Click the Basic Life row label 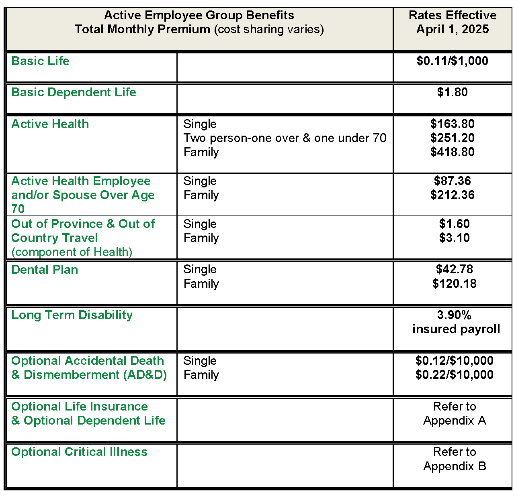coord(40,61)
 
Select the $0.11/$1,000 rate coord(453,61)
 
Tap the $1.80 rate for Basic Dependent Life coord(453,92)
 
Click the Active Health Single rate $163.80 coord(453,124)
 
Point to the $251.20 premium coord(453,138)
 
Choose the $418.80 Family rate coord(453,152)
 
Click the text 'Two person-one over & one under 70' coord(285,138)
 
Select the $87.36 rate coord(453,181)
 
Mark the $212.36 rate coord(453,195)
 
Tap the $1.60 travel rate coord(454,224)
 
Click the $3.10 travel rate coord(454,238)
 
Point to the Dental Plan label coord(45,270)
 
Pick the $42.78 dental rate coord(454,269)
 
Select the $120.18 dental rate coord(454,284)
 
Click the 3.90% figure coord(454,315)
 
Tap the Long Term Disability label coord(72,315)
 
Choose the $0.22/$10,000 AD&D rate coord(454,375)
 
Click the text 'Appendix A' coord(455,421)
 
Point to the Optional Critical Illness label coord(79,452)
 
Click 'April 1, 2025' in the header coord(453,29)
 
